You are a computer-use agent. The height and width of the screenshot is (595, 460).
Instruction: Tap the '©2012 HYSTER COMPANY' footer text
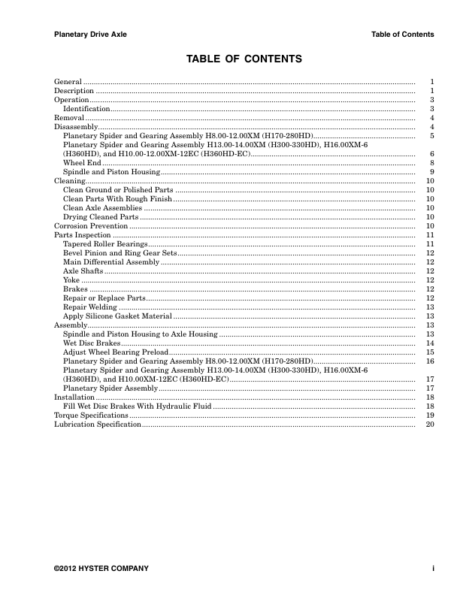point(101,568)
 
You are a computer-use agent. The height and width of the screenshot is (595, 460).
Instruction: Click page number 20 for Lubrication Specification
point(430,424)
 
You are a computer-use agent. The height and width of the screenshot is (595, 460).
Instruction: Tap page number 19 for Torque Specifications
point(430,415)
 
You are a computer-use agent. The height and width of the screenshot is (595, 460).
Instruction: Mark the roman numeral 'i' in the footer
point(433,568)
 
